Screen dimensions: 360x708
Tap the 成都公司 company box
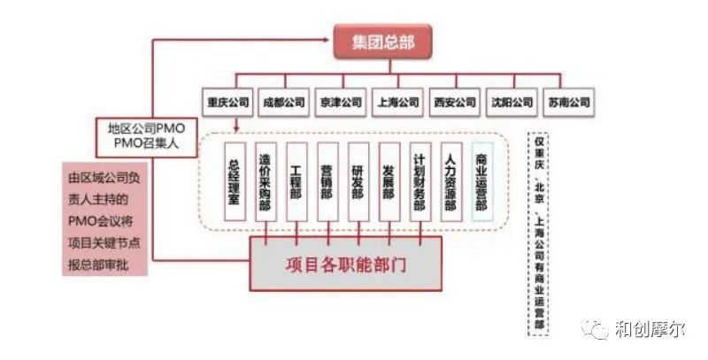[x=284, y=102]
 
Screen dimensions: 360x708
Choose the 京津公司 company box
[x=340, y=102]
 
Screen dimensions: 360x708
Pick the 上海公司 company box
[x=396, y=102]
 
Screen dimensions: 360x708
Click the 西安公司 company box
[x=454, y=102]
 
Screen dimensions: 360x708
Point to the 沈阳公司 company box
[x=512, y=102]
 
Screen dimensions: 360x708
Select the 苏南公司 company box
[x=568, y=102]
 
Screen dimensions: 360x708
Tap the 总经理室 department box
[x=234, y=181]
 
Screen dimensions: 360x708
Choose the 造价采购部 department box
[x=264, y=181]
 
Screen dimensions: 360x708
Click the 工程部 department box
[x=295, y=181]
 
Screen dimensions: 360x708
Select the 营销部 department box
[x=326, y=181]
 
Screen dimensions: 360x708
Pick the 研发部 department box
[x=357, y=181]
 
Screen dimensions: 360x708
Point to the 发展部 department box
[x=388, y=181]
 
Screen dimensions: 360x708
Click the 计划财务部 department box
[x=419, y=181]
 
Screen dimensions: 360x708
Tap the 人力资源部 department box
[x=450, y=181]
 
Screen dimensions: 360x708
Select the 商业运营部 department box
[x=481, y=181]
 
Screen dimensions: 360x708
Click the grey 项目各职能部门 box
[x=346, y=264]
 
